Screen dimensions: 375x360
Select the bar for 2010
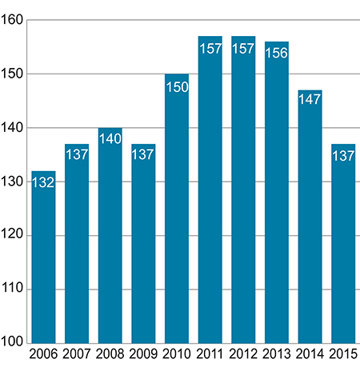[177, 208]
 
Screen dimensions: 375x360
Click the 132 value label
[43, 183]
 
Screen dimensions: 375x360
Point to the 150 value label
[177, 86]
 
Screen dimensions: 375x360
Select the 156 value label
[277, 54]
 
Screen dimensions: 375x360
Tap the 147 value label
[310, 102]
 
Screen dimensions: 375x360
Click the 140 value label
[110, 140]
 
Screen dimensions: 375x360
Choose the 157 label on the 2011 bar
[210, 48]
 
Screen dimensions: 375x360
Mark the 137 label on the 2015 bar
[343, 157]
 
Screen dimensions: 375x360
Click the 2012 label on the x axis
[243, 354]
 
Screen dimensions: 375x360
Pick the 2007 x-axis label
[77, 354]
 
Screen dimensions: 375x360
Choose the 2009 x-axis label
[143, 354]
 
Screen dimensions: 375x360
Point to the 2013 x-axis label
[277, 354]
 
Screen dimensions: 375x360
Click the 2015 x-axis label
[343, 354]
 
